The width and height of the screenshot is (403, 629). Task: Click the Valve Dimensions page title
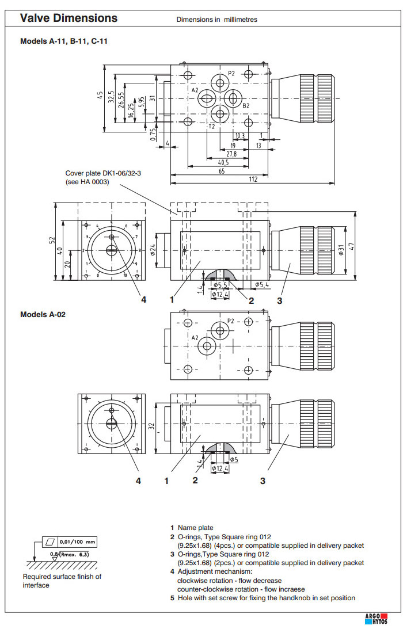click(69, 18)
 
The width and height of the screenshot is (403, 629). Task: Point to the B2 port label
click(246, 106)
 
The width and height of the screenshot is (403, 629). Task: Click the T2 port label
click(212, 126)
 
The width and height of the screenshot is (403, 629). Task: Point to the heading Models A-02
click(43, 314)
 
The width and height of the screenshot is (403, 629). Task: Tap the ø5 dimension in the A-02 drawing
click(234, 459)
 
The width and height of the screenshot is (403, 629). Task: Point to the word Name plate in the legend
click(195, 528)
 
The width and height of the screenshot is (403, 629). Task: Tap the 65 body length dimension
click(222, 171)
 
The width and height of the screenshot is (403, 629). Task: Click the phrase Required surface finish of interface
click(62, 581)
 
